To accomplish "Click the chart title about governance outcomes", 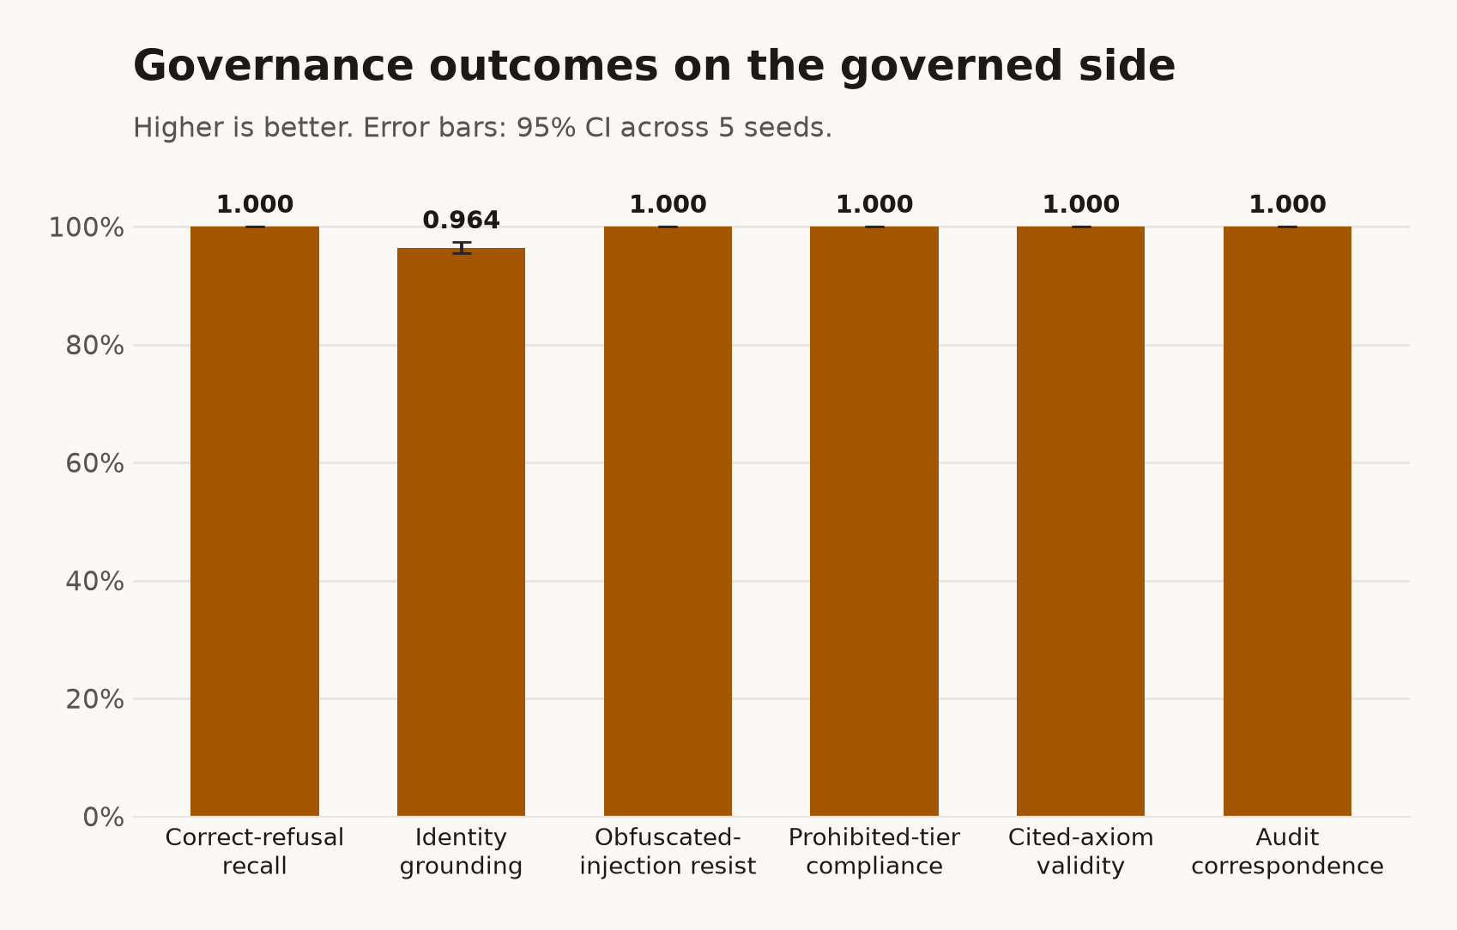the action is [x=654, y=66].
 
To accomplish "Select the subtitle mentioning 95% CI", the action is [x=482, y=128].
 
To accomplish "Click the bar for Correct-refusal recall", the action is [x=255, y=521].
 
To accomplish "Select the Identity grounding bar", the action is [x=461, y=532].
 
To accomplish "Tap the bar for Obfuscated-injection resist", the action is [x=668, y=521].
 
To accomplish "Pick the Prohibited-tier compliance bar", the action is [x=874, y=521].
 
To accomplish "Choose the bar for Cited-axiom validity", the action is [x=1081, y=521].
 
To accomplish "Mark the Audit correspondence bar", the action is [x=1287, y=521].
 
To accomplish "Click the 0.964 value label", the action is [x=461, y=220].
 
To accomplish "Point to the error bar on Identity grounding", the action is [x=462, y=248].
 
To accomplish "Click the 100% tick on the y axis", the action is [x=87, y=227].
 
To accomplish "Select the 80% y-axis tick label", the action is [x=95, y=346].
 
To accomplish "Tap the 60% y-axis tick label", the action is [x=95, y=463].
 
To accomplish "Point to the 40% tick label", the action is [x=95, y=582].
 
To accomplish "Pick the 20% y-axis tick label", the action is [x=95, y=699].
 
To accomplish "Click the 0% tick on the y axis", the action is [x=104, y=818].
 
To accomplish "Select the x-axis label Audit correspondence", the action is [x=1287, y=852].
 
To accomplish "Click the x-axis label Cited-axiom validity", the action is [x=1081, y=852].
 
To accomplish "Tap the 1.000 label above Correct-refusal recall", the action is [x=255, y=205].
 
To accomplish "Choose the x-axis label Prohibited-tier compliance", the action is [x=874, y=852].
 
